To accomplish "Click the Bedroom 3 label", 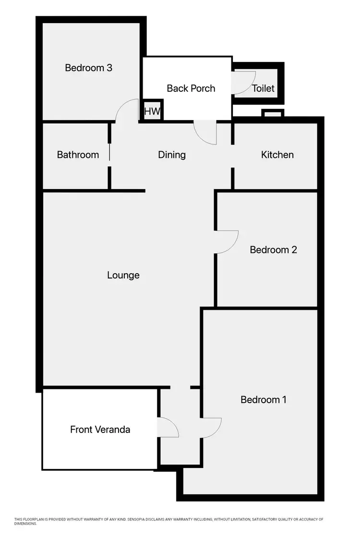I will point(88,68).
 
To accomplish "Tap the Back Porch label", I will point(191,88).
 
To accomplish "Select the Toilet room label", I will point(263,88).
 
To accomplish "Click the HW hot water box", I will point(152,112).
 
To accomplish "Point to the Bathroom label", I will point(78,155).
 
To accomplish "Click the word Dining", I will point(172,155).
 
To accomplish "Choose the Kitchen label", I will point(277,155).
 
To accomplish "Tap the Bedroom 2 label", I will point(273,250).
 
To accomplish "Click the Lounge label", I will point(123,275).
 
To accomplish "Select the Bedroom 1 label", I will point(264,399).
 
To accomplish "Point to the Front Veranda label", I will point(100,429).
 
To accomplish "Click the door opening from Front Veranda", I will point(168,427).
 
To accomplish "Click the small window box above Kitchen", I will point(273,113).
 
